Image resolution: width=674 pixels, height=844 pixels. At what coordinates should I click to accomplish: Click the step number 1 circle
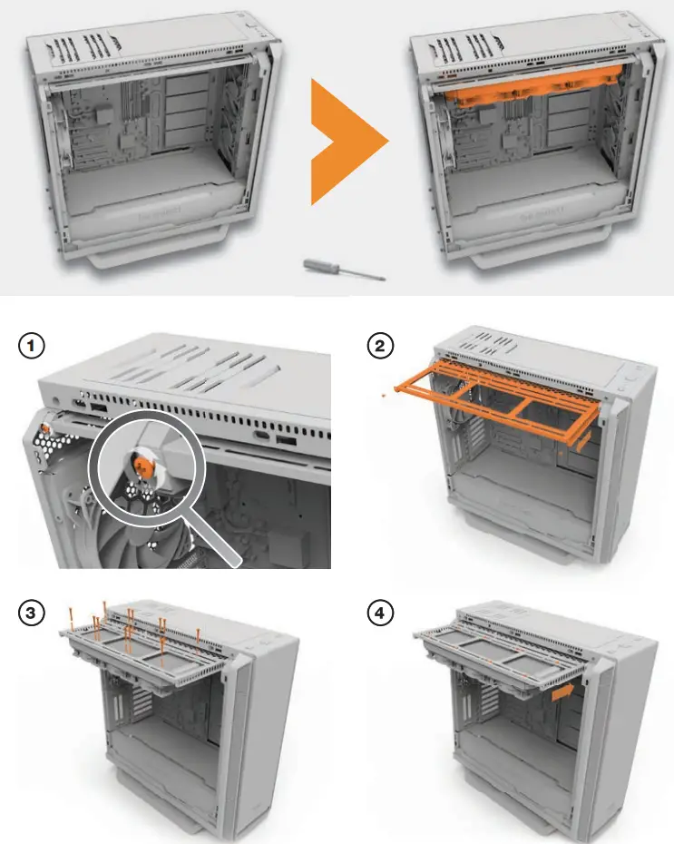pos(33,346)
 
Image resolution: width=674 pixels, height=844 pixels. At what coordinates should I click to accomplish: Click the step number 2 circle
pos(380,346)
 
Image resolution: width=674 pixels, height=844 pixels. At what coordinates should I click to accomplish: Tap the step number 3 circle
pos(33,613)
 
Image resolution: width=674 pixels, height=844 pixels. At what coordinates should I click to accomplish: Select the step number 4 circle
pos(380,613)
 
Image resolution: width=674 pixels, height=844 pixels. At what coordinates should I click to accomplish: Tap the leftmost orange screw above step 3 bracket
pos(72,616)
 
